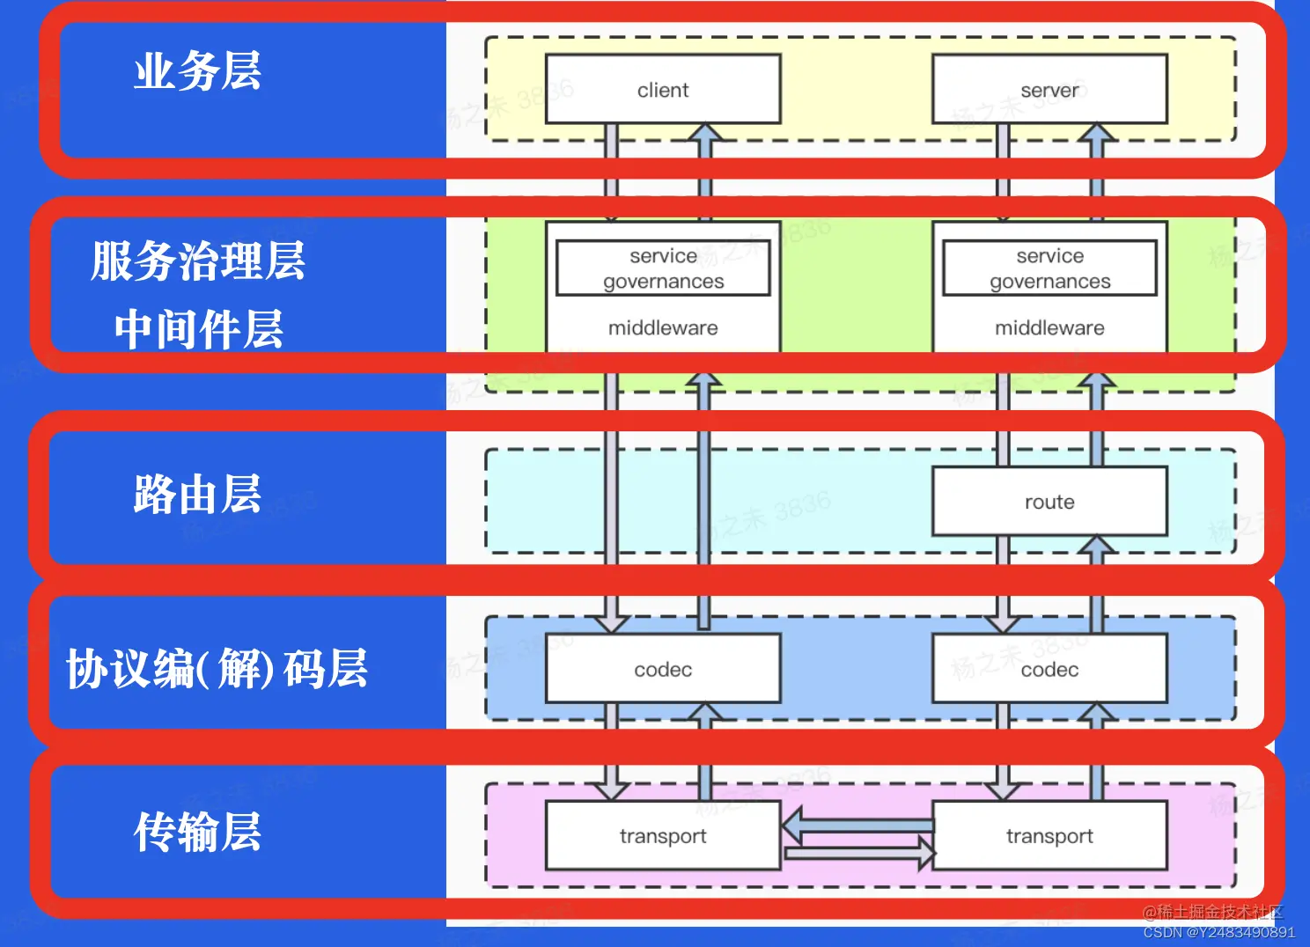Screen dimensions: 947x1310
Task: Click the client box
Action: point(663,89)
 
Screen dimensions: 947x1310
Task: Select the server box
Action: point(1049,89)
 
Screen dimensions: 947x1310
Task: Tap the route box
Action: point(1049,501)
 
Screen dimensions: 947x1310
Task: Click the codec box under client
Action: point(663,669)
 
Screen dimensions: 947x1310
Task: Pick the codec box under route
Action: point(1049,669)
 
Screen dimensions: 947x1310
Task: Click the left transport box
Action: point(663,835)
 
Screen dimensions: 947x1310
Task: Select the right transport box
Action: point(1049,835)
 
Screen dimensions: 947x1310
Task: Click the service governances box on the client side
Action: point(663,268)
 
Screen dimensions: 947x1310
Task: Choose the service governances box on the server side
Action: point(1049,268)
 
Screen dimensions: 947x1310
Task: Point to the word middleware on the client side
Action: point(663,327)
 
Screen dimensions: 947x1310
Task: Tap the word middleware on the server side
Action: point(1049,327)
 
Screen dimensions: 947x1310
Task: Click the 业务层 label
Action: point(197,71)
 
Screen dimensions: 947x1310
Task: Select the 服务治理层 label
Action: point(197,261)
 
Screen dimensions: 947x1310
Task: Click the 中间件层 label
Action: point(198,329)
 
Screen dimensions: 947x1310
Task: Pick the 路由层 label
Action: point(197,494)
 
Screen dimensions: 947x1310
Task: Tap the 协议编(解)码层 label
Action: point(217,669)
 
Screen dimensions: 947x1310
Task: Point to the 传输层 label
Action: point(197,832)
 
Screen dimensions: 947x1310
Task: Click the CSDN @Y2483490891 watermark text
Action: point(1218,932)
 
